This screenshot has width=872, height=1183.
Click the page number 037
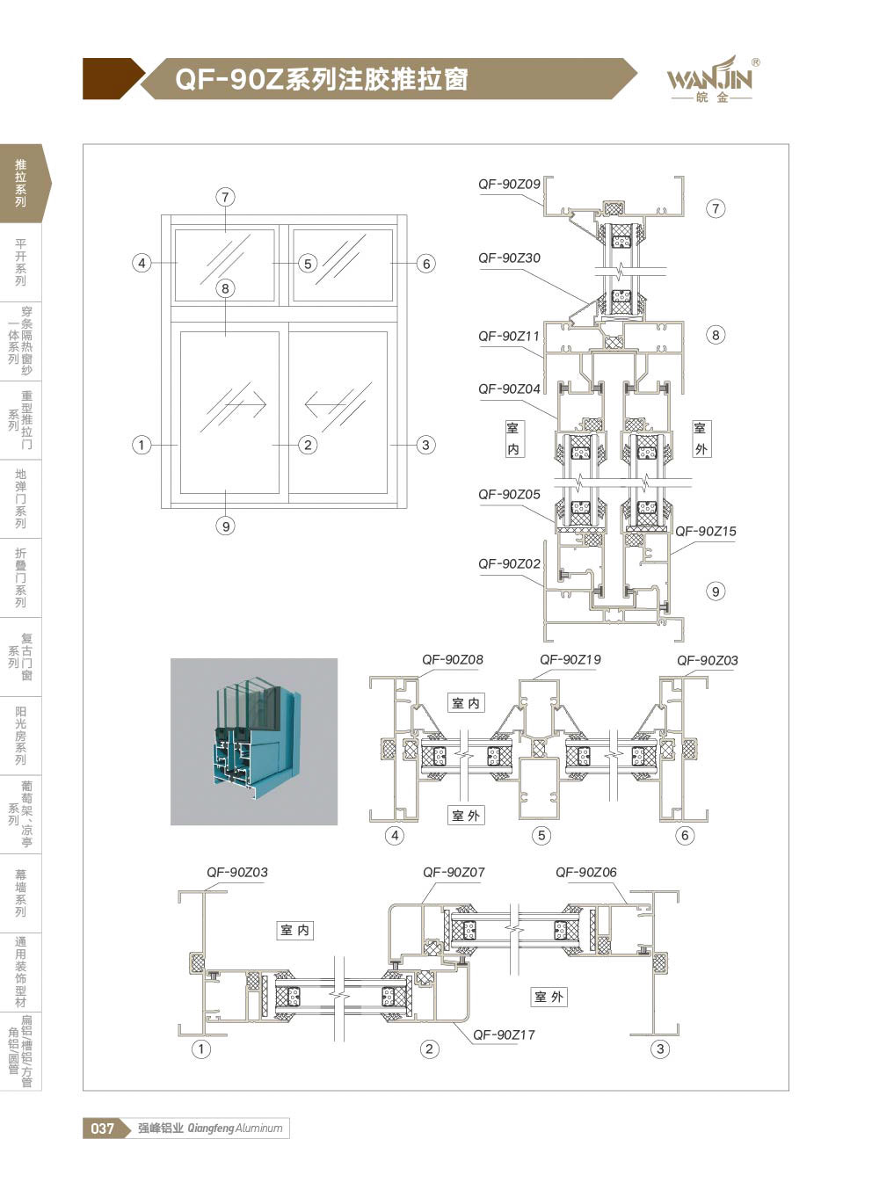pos(102,1129)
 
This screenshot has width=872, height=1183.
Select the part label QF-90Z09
pos(509,185)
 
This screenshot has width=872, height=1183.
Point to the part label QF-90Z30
pos(509,258)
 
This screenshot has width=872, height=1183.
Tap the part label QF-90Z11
pos(509,337)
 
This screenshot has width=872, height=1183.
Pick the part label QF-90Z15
pos(706,531)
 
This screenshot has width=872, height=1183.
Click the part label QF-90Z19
pos(570,660)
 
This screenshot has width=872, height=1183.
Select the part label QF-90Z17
pos(504,1034)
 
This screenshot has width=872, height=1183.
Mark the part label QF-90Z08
pos(453,660)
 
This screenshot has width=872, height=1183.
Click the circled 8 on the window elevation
pos(226,288)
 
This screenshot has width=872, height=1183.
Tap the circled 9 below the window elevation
pos(226,526)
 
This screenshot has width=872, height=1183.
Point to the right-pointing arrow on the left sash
pos(246,405)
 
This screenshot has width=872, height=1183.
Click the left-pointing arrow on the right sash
pos(325,405)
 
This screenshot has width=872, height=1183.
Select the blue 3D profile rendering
pos(254,742)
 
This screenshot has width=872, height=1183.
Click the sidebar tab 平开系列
pos(20,262)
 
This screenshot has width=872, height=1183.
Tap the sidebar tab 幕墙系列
pos(20,893)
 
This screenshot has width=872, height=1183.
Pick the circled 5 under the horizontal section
pos(541,836)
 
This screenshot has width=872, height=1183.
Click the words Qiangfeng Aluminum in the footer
pos(235,1129)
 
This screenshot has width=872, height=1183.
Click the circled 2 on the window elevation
pos(308,445)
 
